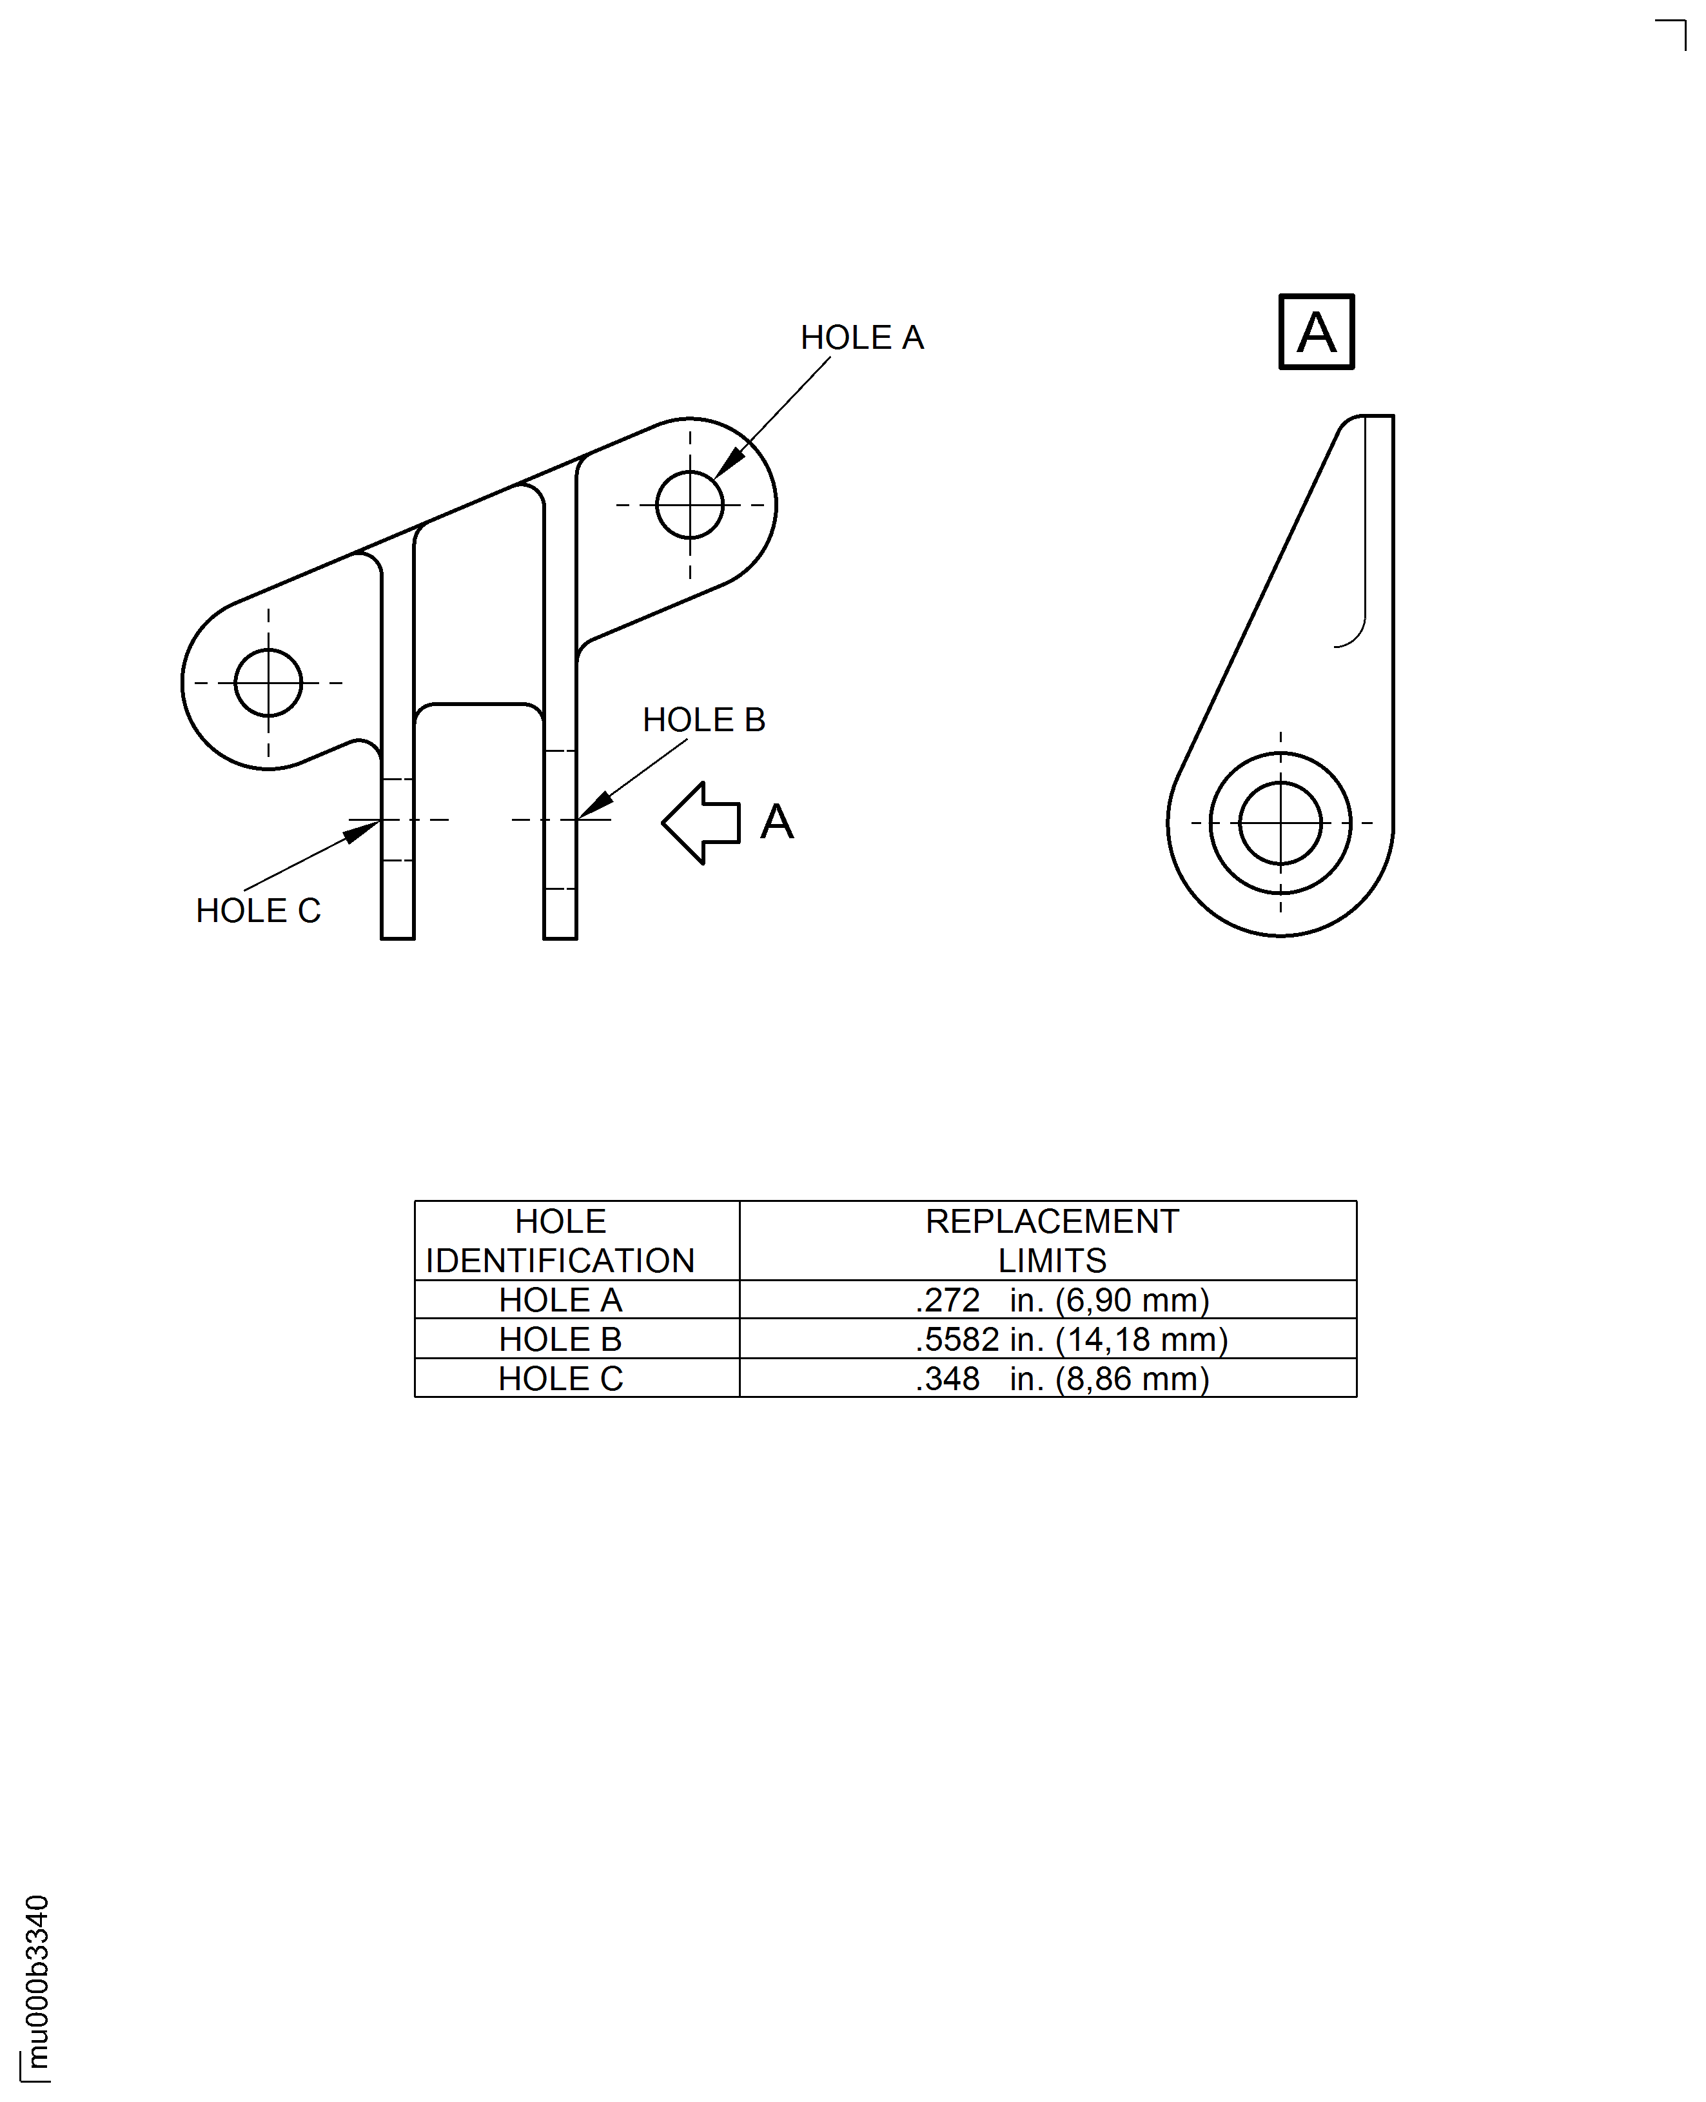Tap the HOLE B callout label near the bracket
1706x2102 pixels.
pyautogui.click(x=703, y=720)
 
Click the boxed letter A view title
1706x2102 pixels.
pyautogui.click(x=1316, y=332)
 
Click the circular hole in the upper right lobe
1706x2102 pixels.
pyautogui.click(x=690, y=504)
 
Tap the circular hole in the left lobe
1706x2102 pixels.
pyautogui.click(x=268, y=682)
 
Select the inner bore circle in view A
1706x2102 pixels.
pyautogui.click(x=1279, y=823)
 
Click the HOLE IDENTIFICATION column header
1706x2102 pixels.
pyautogui.click(x=560, y=1240)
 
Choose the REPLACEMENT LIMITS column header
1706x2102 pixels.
pyautogui.click(x=1052, y=1240)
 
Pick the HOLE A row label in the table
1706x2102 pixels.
pyautogui.click(x=560, y=1300)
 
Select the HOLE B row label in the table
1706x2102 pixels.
pyautogui.click(x=560, y=1339)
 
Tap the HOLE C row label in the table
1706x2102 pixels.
pyautogui.click(x=560, y=1379)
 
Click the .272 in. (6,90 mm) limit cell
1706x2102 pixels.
pyautogui.click(x=1061, y=1300)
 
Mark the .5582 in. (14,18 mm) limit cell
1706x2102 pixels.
pyautogui.click(x=1071, y=1339)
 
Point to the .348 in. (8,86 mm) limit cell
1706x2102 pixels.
pyautogui.click(x=1061, y=1379)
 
